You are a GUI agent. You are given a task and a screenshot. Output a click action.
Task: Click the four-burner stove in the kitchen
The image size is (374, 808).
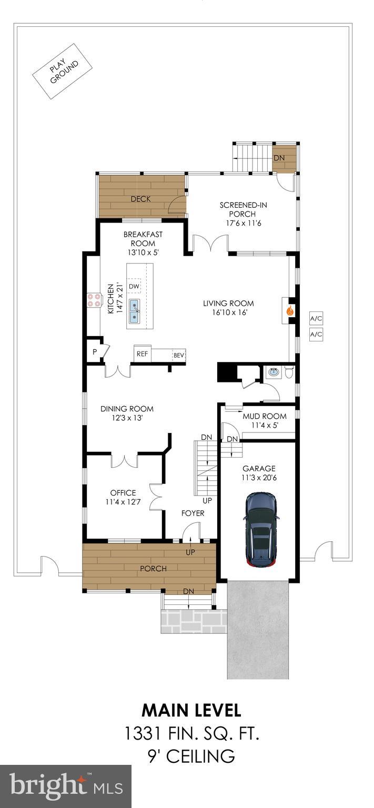[x=94, y=300]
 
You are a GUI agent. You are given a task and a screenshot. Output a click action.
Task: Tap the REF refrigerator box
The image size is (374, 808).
[x=142, y=354]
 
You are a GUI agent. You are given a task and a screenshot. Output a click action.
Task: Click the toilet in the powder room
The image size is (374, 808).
[x=288, y=372]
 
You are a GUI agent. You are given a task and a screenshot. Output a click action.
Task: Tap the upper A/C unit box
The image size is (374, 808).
[x=316, y=319]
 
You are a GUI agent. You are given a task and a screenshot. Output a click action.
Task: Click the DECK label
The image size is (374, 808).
[x=140, y=199]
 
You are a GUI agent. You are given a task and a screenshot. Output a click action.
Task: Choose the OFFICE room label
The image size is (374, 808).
[x=123, y=493]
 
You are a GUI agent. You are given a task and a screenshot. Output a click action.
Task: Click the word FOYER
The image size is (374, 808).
[x=193, y=513]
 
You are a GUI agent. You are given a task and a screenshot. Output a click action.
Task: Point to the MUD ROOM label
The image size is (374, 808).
[x=264, y=416]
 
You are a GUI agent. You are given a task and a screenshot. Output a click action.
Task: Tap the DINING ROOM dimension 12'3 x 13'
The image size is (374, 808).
[x=127, y=418]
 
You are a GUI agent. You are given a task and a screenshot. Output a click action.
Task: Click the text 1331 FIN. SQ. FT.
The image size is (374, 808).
[x=191, y=734]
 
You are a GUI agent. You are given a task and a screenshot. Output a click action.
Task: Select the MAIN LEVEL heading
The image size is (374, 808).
[x=191, y=711]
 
